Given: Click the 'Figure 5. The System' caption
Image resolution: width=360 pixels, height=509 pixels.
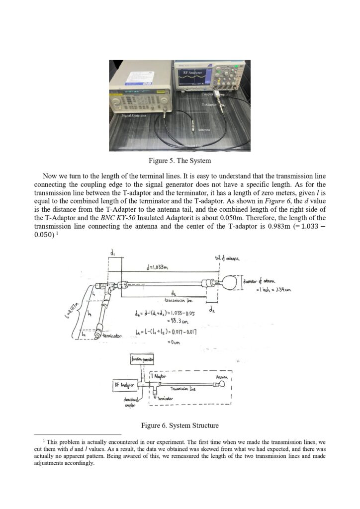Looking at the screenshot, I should (180, 161).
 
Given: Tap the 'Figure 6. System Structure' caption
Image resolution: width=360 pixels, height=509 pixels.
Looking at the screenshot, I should (180, 425).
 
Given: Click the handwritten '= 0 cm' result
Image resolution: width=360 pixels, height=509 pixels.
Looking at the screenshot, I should (171, 340).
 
